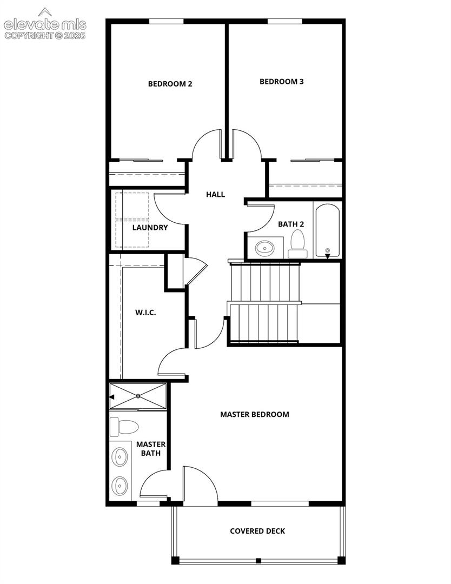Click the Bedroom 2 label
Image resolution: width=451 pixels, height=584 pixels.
click(170, 84)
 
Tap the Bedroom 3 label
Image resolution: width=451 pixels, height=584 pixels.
click(282, 82)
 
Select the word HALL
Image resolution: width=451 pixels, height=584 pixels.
click(216, 195)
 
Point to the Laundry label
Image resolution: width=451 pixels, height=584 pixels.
click(150, 228)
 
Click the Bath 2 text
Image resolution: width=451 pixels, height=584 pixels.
click(291, 224)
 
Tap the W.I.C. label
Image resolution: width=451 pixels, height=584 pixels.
click(145, 313)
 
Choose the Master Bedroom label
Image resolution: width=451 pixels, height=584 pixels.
click(254, 415)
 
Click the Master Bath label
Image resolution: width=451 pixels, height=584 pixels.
click(151, 449)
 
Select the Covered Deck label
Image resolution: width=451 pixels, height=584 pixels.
click(257, 531)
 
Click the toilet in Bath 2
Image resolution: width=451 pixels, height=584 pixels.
click(297, 243)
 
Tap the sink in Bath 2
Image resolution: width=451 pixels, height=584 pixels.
click(264, 248)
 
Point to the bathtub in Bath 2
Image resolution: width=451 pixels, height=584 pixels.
click(327, 230)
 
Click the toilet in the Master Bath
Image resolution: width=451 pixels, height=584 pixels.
click(124, 427)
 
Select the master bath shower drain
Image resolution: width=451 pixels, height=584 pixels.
click(138, 396)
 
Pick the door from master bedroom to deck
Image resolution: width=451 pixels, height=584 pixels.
click(200, 484)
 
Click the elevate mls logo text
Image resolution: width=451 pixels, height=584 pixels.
click(45, 24)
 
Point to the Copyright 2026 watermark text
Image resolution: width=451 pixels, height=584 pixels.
click(45, 36)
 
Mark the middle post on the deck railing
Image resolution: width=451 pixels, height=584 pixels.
click(258, 561)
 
